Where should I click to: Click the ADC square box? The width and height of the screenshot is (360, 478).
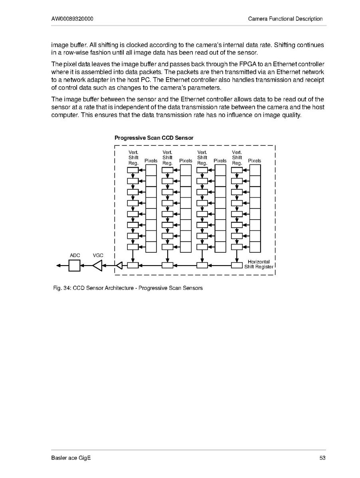[x=74, y=265]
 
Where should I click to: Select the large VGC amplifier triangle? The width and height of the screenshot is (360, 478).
[x=98, y=265]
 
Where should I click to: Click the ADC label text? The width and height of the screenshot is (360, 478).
[x=75, y=255]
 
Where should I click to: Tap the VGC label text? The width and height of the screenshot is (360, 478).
[x=98, y=255]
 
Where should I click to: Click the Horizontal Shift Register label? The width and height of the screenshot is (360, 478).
[x=259, y=264]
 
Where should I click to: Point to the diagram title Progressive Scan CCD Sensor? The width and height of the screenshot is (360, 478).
[x=154, y=138]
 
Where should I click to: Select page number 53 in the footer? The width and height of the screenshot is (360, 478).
[x=322, y=458]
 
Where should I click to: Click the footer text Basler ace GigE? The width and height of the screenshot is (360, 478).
[x=71, y=458]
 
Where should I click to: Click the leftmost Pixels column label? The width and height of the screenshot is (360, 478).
[x=151, y=161]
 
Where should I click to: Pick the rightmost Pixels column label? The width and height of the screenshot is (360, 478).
[x=255, y=161]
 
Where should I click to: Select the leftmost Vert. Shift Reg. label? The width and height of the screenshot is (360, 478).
[x=133, y=158]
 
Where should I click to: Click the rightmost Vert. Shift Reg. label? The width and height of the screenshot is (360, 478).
[x=237, y=158]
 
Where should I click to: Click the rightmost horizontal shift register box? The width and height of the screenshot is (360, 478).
[x=237, y=265]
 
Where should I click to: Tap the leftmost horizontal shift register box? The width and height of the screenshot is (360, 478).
[x=133, y=265]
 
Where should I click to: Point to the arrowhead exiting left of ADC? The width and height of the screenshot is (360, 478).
[x=59, y=265]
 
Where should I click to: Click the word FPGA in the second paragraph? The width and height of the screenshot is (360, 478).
[x=239, y=64]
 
